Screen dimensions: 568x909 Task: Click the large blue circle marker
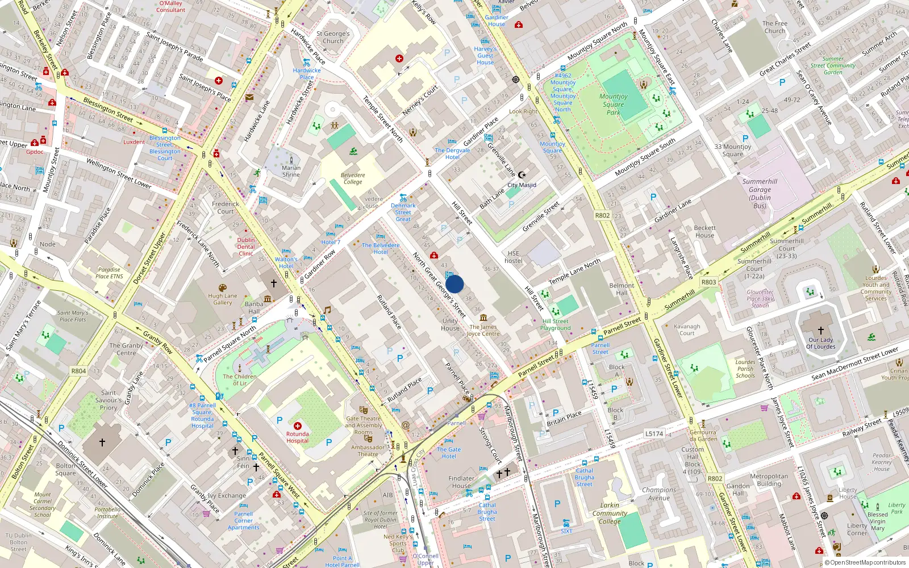click(x=454, y=284)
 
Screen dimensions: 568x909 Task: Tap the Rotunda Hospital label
click(x=297, y=437)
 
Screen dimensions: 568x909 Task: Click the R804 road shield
click(x=78, y=371)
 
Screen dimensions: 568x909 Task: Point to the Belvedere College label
click(x=352, y=178)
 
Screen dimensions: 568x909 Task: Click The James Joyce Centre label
click(x=483, y=330)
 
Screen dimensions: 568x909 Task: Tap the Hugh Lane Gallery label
click(x=223, y=299)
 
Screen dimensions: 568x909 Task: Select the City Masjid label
click(x=522, y=185)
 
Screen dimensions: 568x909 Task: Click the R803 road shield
click(x=708, y=282)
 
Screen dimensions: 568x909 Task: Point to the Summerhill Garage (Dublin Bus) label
click(x=760, y=194)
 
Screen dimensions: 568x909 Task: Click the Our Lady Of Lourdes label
click(x=822, y=343)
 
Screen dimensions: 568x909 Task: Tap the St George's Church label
click(x=333, y=37)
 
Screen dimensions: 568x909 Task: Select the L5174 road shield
click(x=654, y=433)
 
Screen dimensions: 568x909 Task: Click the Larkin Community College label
click(x=610, y=513)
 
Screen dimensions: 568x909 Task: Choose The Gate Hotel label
click(x=449, y=453)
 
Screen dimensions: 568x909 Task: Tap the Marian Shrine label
click(x=291, y=171)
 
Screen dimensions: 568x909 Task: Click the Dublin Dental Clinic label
click(x=246, y=247)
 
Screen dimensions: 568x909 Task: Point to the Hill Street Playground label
click(x=556, y=324)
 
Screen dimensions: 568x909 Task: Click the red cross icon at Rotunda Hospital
click(x=297, y=425)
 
